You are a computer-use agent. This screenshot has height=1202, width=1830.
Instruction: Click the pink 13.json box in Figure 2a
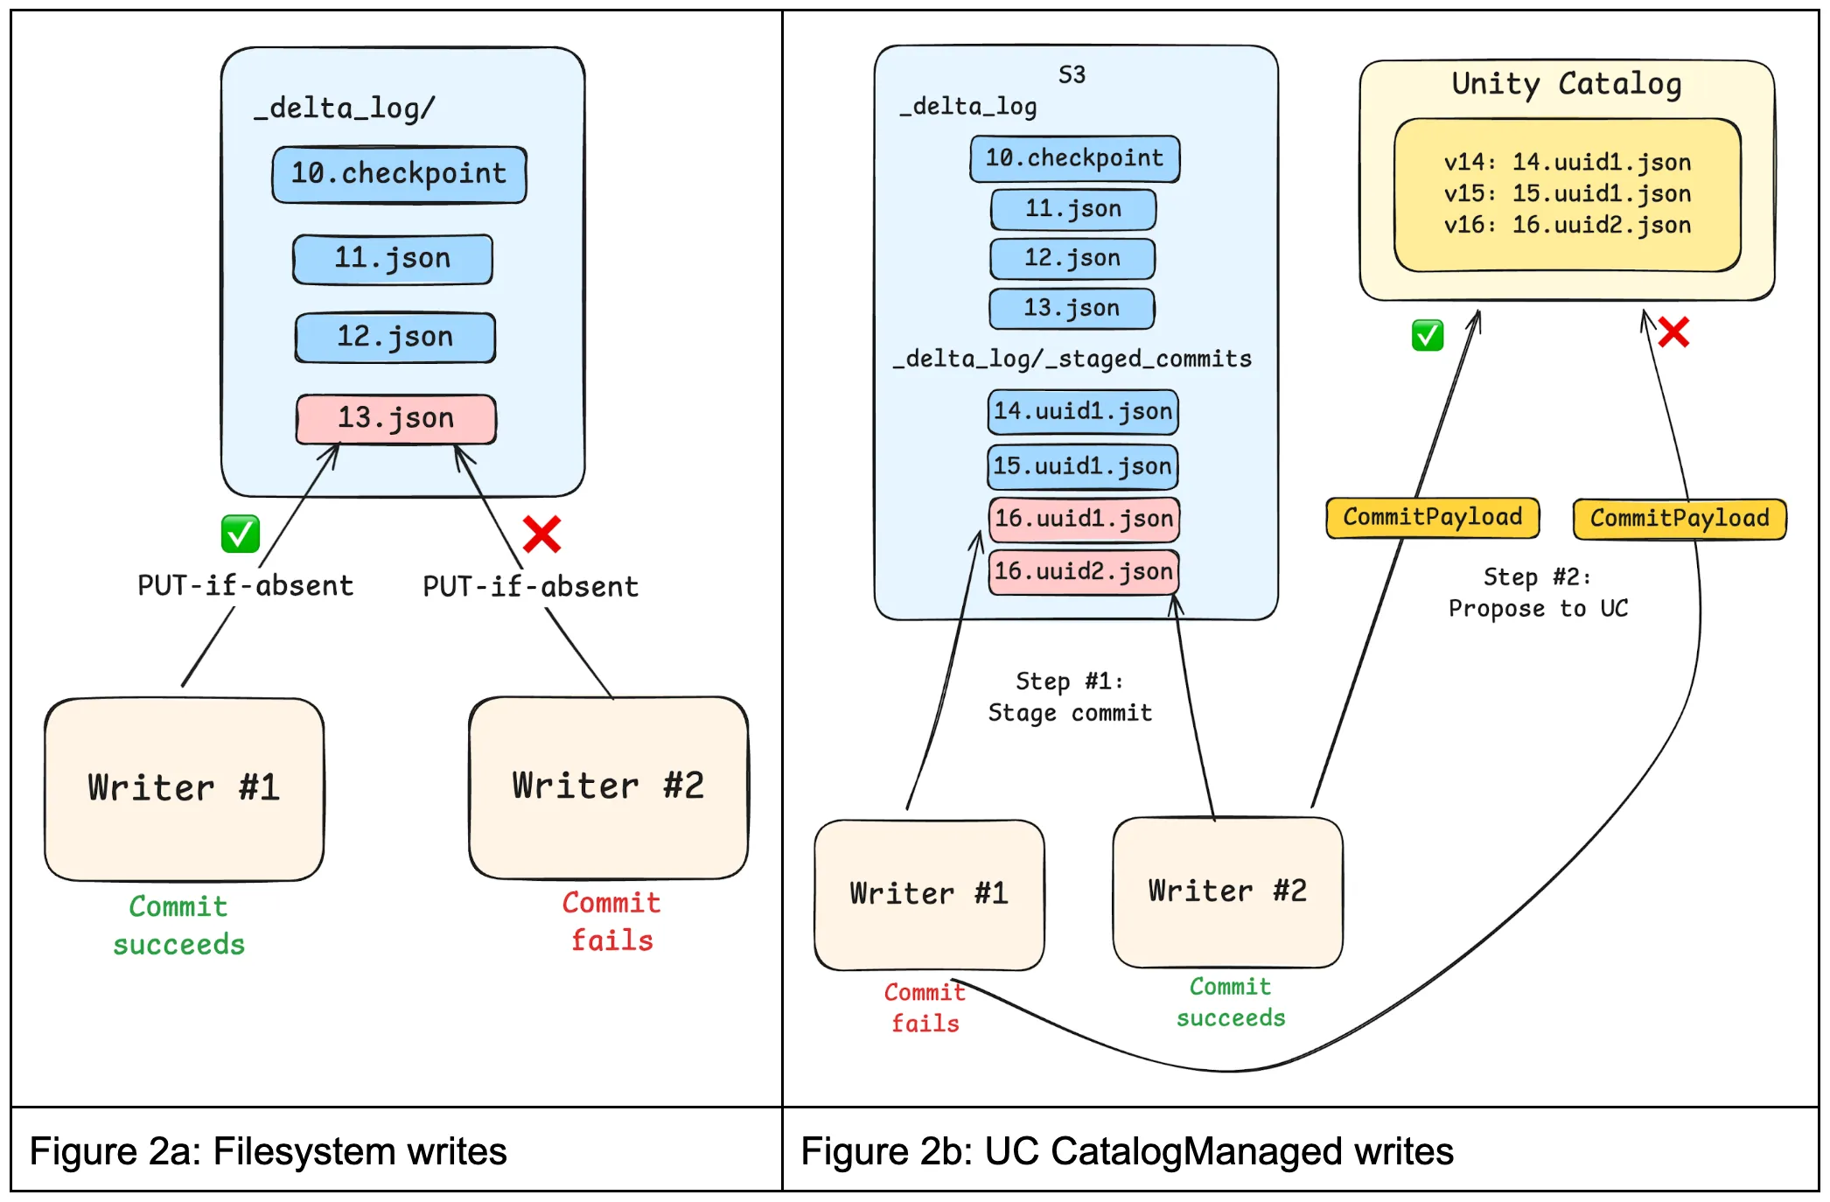tap(395, 419)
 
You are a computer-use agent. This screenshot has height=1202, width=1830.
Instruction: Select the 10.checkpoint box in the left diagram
tap(399, 174)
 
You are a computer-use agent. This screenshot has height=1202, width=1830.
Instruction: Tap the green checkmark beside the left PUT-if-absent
tap(241, 534)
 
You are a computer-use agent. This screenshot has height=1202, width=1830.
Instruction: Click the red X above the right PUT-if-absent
tap(541, 534)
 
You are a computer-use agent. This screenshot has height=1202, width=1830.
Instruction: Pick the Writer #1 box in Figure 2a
tap(184, 788)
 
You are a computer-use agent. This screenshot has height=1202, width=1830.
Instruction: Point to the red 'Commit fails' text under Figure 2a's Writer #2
tap(611, 921)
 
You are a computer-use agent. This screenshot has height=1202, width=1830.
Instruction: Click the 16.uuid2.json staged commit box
tap(1083, 572)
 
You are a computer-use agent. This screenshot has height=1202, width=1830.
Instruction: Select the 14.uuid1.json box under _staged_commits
tap(1083, 412)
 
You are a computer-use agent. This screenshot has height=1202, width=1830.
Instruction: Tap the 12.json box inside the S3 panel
tap(1072, 258)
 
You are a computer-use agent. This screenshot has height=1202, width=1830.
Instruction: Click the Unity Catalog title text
tap(1566, 85)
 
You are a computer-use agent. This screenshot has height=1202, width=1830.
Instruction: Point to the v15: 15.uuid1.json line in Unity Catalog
tap(1567, 193)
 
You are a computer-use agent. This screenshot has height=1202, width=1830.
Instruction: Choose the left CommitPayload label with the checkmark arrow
tap(1432, 518)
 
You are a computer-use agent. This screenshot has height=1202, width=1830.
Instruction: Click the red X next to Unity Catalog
tap(1673, 332)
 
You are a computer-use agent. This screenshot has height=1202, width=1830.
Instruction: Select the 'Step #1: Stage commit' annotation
tap(1070, 697)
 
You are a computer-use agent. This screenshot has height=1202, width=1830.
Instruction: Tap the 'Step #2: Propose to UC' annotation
tap(1538, 593)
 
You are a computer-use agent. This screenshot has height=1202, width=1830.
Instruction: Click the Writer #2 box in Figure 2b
tap(1227, 891)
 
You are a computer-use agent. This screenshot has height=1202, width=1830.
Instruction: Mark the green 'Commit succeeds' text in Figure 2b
tap(1230, 1003)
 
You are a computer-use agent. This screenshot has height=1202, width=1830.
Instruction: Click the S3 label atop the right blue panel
tap(1072, 75)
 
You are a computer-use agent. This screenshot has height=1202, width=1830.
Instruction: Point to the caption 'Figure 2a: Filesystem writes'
tap(269, 1151)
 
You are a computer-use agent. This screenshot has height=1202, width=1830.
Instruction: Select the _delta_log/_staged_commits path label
tap(1072, 360)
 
